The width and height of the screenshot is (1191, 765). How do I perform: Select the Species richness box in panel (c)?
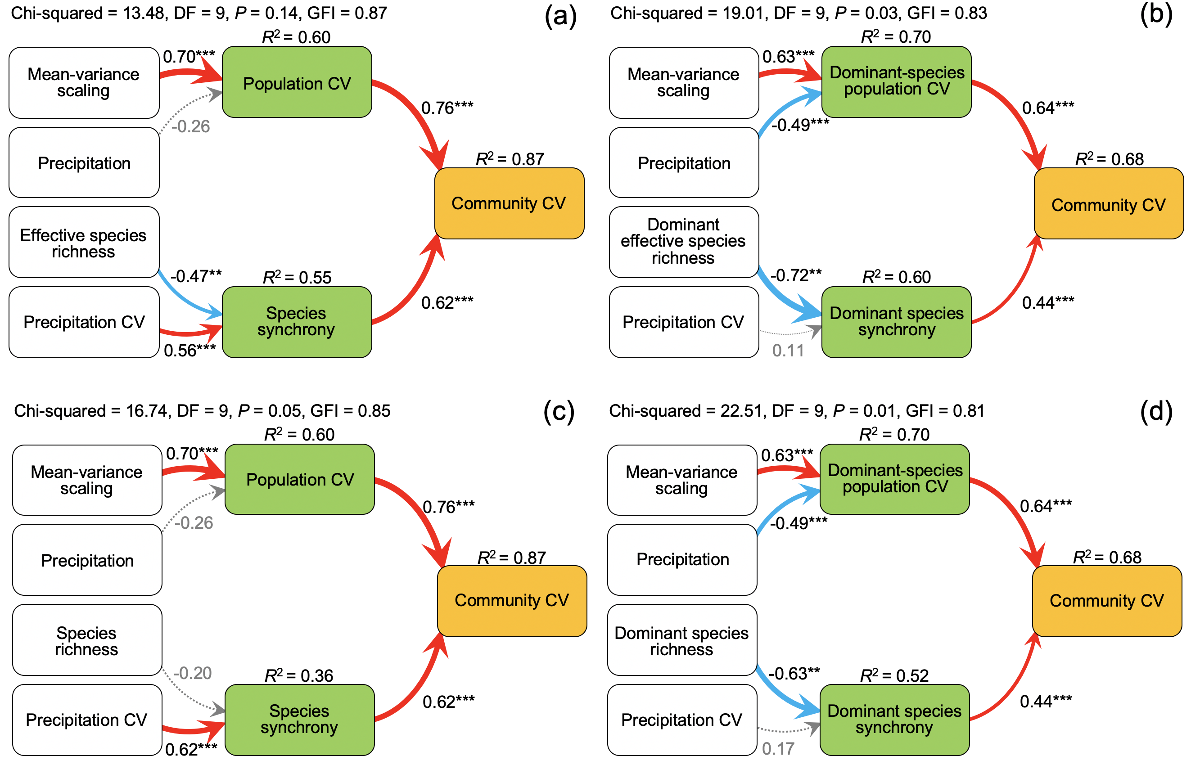87,640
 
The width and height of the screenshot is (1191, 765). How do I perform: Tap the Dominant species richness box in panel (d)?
682,640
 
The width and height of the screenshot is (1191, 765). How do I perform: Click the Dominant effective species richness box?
684,243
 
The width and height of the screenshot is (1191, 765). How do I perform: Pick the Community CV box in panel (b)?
1109,204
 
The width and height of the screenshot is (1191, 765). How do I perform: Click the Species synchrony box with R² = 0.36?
300,720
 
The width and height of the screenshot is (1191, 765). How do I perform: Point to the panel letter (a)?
560,16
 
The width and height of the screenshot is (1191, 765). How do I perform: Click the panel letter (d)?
1156,411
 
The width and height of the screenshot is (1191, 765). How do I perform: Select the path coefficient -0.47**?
196,276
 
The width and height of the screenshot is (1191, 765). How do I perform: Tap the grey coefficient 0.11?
788,351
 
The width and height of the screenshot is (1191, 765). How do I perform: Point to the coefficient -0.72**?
796,274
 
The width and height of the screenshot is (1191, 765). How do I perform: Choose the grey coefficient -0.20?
193,673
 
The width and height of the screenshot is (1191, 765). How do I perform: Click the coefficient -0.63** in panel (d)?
794,674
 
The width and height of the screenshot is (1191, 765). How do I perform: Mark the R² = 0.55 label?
297,277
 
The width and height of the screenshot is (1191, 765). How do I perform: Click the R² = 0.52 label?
894,675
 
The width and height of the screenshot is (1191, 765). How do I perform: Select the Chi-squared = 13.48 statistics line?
199,13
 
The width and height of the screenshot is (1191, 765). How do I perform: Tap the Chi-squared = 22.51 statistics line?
797,411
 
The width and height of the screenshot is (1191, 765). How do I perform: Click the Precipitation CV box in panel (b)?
684,322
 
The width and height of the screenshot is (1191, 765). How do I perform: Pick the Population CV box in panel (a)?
297,82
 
